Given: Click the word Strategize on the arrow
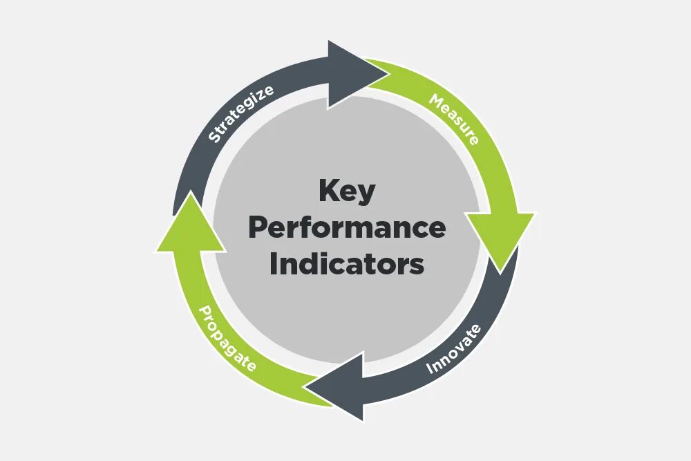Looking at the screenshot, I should [x=241, y=113].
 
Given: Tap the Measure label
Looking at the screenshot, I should [x=453, y=119].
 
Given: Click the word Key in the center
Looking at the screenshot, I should [x=347, y=191].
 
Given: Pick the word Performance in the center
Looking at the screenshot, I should [x=347, y=228].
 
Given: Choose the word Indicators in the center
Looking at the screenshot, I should [x=347, y=264].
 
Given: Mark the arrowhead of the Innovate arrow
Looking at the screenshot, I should [x=340, y=386].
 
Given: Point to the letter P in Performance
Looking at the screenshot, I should [x=257, y=227].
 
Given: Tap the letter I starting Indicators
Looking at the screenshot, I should [x=273, y=264].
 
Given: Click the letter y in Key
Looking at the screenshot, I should [x=367, y=194].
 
